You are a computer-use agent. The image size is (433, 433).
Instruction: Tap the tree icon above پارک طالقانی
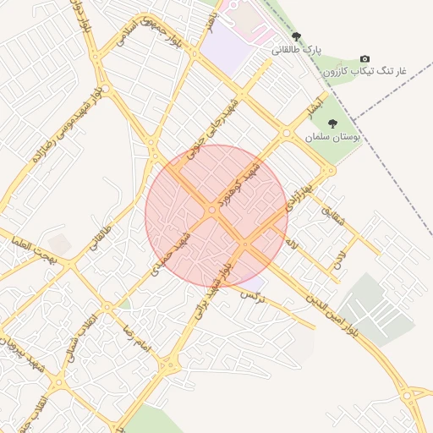point(296,36)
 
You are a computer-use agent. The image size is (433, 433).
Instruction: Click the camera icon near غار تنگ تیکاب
point(364,58)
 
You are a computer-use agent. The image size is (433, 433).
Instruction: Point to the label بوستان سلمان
point(334,135)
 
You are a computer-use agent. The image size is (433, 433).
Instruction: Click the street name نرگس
point(253,296)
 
